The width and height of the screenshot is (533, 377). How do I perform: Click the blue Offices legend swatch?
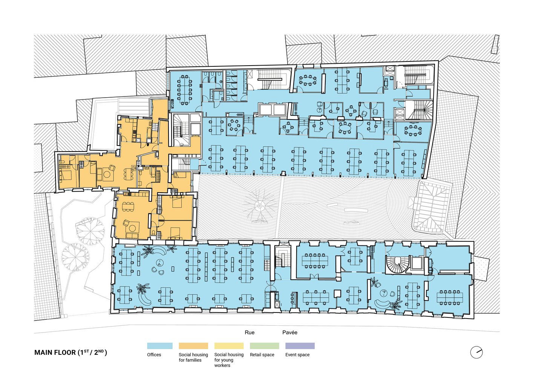click(x=160, y=346)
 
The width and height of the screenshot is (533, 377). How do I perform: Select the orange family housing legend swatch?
click(x=193, y=346)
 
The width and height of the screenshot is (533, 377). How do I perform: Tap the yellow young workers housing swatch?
click(x=229, y=346)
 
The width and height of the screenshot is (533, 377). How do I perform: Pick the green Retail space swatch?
click(x=264, y=346)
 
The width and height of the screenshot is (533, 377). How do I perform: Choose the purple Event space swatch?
click(x=300, y=346)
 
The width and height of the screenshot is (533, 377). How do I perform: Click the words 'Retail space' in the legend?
click(x=262, y=355)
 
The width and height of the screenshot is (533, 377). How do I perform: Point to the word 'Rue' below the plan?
click(x=250, y=333)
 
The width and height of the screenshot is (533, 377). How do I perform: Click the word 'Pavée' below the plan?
click(x=290, y=333)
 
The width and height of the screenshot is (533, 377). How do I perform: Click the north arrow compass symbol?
click(x=476, y=352)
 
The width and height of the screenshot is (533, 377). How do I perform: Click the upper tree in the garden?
click(x=90, y=230)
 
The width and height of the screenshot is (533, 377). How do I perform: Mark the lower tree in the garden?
click(x=75, y=257)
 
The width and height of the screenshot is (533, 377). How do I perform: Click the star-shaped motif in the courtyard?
click(x=259, y=206)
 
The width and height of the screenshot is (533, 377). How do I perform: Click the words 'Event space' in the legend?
click(x=297, y=355)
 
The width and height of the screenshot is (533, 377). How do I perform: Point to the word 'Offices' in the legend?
click(x=154, y=355)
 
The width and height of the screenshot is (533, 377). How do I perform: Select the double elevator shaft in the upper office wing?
click(x=273, y=110)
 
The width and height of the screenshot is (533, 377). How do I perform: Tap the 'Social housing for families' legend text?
click(x=193, y=357)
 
